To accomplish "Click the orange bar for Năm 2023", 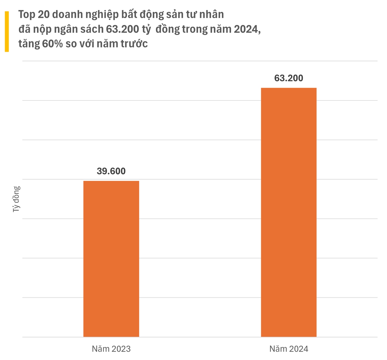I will [111, 259].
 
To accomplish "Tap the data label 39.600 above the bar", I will [111, 171].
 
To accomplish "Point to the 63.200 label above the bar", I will [288, 78].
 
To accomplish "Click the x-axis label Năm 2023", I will [111, 349].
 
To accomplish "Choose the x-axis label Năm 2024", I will [288, 349].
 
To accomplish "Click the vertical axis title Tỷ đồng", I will [16, 199].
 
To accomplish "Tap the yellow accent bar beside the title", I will [7, 31].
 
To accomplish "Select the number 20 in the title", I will [46, 15].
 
